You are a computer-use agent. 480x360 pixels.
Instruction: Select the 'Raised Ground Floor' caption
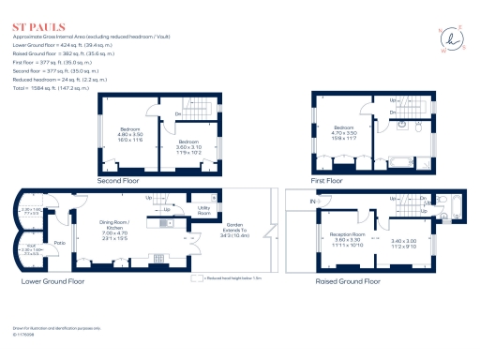click(347, 280)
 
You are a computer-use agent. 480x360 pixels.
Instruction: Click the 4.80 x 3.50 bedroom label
click(130, 135)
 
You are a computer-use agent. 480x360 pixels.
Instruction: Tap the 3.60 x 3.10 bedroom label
click(184, 148)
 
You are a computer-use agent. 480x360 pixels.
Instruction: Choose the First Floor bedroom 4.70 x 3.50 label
click(344, 135)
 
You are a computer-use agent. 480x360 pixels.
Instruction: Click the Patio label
click(58, 243)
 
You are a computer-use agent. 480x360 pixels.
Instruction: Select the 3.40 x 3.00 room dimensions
click(404, 242)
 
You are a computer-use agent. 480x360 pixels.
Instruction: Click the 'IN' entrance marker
click(312, 202)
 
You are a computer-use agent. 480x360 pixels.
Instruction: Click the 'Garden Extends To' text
click(235, 231)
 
